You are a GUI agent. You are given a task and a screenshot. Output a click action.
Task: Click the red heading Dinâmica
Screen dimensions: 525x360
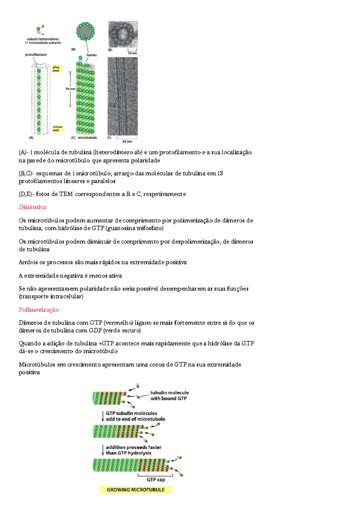coord(32,207)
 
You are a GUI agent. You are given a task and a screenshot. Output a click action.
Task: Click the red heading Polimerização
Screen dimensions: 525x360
coord(39,309)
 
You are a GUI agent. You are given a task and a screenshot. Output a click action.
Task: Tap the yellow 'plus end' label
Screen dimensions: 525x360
coord(56,69)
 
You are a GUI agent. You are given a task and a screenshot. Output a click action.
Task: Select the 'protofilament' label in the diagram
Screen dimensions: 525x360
coord(36,55)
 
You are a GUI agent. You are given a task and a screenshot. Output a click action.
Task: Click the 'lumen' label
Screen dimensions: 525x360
coord(92,55)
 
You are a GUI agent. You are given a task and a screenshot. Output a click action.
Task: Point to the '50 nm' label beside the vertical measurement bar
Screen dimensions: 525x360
coord(70,89)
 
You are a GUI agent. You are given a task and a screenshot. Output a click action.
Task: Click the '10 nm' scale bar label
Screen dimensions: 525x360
coord(132,53)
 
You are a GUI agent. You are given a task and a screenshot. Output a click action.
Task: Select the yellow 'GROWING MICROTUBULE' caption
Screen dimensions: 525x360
coord(136,490)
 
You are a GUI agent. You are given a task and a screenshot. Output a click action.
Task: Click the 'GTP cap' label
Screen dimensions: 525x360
coord(156,479)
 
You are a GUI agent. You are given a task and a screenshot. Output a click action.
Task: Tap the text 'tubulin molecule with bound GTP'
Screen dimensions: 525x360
coord(169,395)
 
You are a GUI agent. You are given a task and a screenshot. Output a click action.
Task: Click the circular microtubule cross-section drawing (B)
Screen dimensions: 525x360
coord(85,31)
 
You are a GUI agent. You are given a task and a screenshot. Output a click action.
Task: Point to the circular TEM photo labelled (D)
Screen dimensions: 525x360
coord(123,34)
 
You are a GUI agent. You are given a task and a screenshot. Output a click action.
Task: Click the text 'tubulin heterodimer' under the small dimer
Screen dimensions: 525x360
coord(43,39)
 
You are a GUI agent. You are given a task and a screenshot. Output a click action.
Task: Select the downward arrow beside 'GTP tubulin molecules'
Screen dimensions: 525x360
coord(103,416)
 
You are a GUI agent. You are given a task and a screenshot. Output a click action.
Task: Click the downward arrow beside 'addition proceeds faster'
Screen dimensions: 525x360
coord(103,450)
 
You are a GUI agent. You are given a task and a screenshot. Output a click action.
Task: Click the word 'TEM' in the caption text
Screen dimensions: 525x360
coord(66,194)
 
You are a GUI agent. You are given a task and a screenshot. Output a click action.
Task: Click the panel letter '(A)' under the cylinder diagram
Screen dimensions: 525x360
coord(31,138)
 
